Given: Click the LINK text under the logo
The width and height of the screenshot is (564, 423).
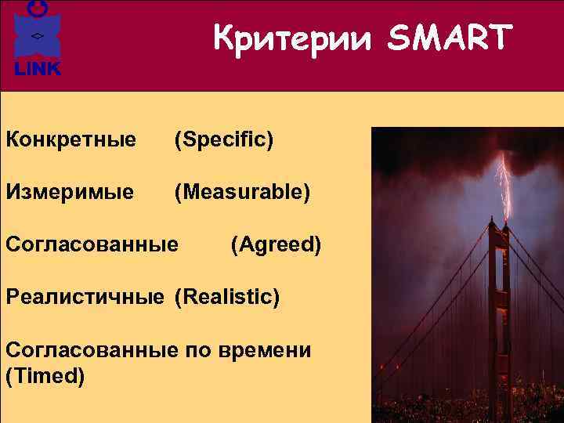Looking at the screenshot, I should click(x=36, y=70).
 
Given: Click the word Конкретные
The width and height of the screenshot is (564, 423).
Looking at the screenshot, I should click(x=71, y=140).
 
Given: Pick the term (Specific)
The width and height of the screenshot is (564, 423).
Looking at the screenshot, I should click(x=224, y=140).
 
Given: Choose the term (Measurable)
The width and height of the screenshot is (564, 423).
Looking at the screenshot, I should click(x=242, y=191).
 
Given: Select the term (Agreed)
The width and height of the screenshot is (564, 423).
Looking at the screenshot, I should click(x=276, y=244).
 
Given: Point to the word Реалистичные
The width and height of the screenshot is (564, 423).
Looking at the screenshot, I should click(x=85, y=297).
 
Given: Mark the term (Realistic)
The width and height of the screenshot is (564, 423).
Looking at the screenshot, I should click(x=226, y=297).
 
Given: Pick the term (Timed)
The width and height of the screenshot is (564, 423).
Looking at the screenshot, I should click(x=45, y=376).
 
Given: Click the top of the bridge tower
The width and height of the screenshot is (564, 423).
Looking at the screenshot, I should click(x=499, y=227).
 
